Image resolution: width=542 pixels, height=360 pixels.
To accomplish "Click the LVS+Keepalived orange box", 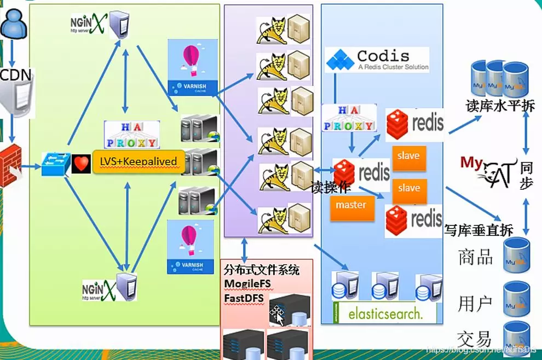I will (x=139, y=162).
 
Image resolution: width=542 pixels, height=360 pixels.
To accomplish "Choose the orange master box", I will (x=351, y=205).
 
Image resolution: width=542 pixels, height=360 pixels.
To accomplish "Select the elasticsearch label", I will (x=385, y=313).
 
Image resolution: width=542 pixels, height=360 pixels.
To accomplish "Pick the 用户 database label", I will (x=475, y=303).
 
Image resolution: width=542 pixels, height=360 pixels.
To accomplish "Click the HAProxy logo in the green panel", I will (x=132, y=135).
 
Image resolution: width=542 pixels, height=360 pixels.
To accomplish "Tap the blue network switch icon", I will (x=56, y=164).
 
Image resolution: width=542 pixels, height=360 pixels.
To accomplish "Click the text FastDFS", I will (x=244, y=298).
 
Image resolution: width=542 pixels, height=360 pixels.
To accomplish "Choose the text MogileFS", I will (x=252, y=283).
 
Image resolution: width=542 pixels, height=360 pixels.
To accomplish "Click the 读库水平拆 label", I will (x=499, y=106).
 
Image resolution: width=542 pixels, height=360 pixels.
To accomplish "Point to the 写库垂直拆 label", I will (x=478, y=230).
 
